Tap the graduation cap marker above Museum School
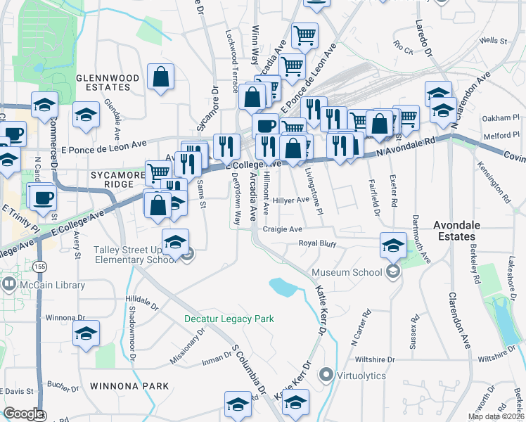(x=393, y=245)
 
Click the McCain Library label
(x=53, y=285)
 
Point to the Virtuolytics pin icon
(x=326, y=375)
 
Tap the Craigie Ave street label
(x=282, y=229)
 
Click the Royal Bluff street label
(x=317, y=245)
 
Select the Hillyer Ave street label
(x=291, y=200)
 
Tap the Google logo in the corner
(x=23, y=414)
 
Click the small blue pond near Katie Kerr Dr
(x=283, y=286)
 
